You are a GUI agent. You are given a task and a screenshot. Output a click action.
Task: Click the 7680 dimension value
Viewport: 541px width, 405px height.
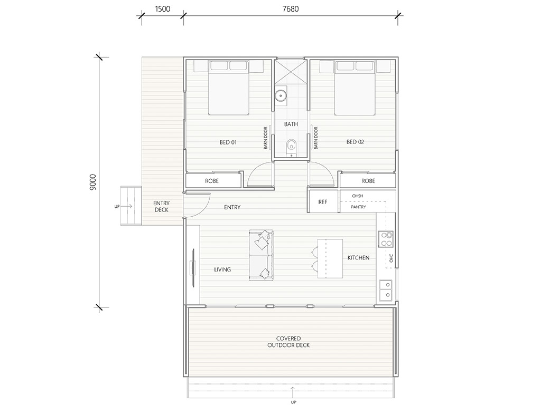point(291,9)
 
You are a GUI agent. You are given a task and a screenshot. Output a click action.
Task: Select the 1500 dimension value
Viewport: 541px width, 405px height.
point(163,9)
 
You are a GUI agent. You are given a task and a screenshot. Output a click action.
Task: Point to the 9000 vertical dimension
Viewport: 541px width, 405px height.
point(93,182)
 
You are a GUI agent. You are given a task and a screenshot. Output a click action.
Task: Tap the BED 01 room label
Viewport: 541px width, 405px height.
point(228,142)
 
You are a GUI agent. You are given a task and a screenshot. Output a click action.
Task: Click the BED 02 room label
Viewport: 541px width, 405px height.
point(356,142)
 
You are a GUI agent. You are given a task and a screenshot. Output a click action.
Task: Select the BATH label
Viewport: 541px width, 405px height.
point(291,124)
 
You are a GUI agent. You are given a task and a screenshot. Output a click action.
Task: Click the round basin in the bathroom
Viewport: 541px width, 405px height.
point(281,95)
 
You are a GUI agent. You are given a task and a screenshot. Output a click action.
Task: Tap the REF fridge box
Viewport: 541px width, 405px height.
point(323,201)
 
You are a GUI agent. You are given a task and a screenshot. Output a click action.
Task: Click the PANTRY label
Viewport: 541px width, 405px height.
point(358,207)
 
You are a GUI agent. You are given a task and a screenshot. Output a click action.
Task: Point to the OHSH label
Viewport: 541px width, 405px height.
point(358,196)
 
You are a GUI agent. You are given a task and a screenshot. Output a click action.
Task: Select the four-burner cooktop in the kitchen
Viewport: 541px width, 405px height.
point(386,239)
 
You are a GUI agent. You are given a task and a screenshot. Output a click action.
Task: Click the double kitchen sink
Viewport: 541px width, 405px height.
point(386,290)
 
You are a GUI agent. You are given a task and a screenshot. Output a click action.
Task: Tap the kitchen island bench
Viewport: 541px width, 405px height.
point(330,258)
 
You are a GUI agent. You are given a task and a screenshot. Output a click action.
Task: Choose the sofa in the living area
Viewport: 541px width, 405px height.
point(261,255)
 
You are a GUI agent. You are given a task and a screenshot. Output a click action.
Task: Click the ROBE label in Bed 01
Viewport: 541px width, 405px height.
point(212,181)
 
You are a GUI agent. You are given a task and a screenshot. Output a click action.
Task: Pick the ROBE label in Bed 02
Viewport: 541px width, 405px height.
point(368,181)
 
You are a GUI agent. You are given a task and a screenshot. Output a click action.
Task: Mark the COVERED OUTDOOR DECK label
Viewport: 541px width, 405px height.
point(288,342)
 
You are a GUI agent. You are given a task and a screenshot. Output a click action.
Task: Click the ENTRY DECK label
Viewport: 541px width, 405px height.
point(161,206)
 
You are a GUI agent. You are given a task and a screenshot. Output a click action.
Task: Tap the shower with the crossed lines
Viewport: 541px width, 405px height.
point(291,71)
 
